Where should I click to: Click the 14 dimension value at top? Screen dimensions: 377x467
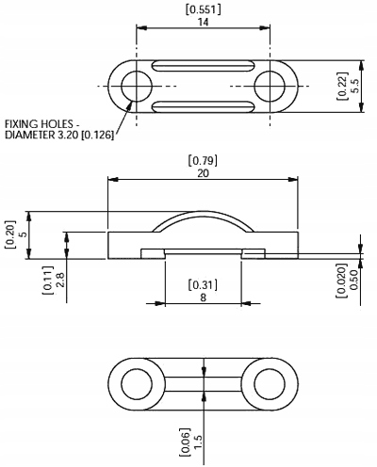pyautogui.click(x=204, y=23)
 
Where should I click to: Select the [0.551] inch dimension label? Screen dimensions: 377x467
pyautogui.click(x=204, y=9)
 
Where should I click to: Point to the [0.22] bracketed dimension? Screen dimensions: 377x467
pyautogui.click(x=342, y=86)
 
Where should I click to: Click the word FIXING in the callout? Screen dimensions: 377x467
pyautogui.click(x=22, y=124)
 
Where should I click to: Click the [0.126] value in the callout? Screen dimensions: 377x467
pyautogui.click(x=97, y=136)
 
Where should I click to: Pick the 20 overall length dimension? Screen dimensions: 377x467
pyautogui.click(x=203, y=173)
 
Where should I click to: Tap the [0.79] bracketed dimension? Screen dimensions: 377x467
pyautogui.click(x=203, y=161)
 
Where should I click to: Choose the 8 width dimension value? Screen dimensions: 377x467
pyautogui.click(x=203, y=298)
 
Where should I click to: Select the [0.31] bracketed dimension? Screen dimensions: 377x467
pyautogui.click(x=203, y=285)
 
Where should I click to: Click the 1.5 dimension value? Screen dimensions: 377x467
pyautogui.click(x=198, y=442)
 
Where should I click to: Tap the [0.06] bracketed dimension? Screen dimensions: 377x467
pyautogui.click(x=186, y=442)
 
